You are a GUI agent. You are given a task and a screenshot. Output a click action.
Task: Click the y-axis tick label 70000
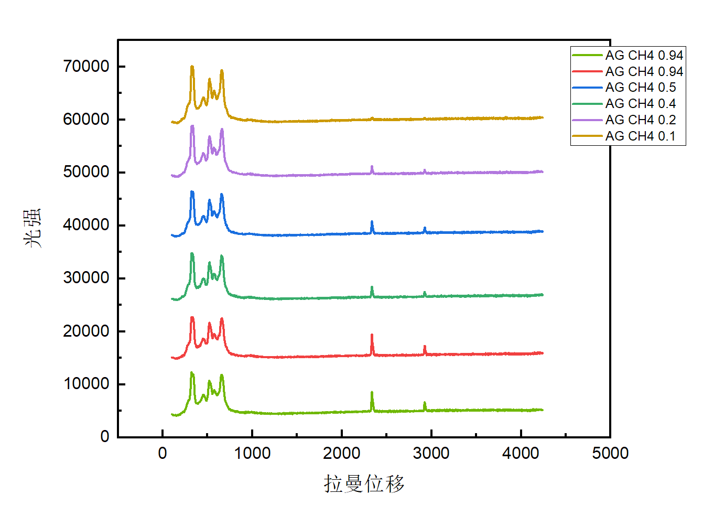[x=86, y=66]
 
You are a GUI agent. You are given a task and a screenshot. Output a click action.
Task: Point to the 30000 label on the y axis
[x=86, y=277]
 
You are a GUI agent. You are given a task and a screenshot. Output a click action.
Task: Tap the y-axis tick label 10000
[x=86, y=383]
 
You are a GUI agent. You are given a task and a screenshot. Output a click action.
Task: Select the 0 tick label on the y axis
[x=105, y=436]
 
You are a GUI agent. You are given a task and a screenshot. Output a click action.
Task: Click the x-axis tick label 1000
[x=252, y=453]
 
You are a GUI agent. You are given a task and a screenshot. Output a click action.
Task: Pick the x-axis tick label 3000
[x=431, y=453]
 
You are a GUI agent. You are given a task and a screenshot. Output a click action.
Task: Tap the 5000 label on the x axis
[x=610, y=453]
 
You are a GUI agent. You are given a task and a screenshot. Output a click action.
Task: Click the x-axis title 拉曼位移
[x=364, y=483]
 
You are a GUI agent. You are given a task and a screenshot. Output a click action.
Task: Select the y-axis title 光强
[x=33, y=228]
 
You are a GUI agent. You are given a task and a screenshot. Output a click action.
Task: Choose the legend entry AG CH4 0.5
[x=641, y=87]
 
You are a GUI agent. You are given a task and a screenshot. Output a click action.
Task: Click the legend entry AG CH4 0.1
[x=641, y=136]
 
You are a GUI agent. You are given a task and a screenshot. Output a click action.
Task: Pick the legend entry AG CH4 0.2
[x=641, y=120]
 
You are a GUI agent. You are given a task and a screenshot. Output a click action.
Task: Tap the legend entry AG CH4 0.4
[x=641, y=103]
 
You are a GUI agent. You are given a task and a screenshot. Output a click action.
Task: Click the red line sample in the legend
[x=587, y=71]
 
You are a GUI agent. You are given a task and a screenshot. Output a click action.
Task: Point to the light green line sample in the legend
[x=587, y=55]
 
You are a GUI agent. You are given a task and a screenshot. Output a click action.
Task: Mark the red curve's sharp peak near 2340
[x=372, y=335]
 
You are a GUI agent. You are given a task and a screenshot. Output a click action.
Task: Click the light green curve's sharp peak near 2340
[x=372, y=393]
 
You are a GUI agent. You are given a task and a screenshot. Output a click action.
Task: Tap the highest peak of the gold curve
[x=192, y=67]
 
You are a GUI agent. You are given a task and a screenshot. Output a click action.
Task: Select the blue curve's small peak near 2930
[x=425, y=228]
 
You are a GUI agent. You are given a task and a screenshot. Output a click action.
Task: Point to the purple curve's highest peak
[x=192, y=126]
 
